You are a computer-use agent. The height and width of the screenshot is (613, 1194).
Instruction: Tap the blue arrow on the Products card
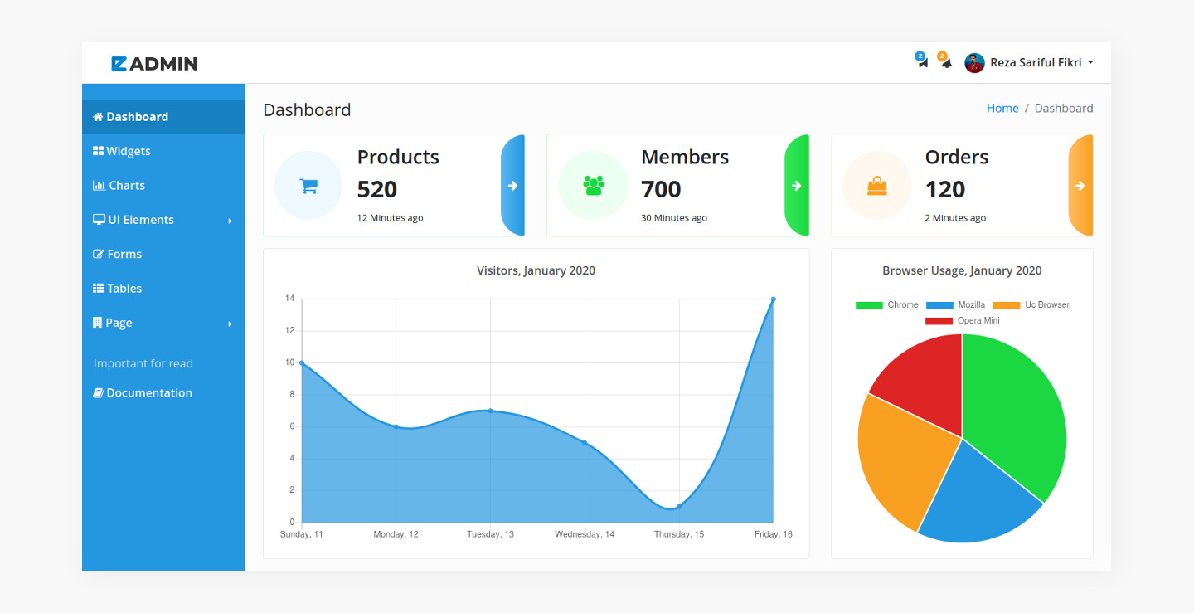(x=512, y=186)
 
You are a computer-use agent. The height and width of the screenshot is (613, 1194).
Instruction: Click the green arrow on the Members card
(x=796, y=186)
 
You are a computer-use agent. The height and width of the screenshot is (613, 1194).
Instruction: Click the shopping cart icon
(x=308, y=186)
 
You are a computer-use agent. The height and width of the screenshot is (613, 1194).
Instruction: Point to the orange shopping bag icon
(x=876, y=186)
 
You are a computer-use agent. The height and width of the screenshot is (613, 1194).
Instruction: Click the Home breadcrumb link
(x=1002, y=109)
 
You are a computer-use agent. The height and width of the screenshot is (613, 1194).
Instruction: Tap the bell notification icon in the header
(x=946, y=63)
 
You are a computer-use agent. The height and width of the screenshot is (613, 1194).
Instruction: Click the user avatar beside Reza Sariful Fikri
(x=974, y=63)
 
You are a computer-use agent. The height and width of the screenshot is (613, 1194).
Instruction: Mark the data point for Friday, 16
(x=774, y=299)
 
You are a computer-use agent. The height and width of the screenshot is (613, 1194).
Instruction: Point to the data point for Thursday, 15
(x=679, y=507)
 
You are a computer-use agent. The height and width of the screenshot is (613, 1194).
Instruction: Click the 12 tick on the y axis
(x=290, y=331)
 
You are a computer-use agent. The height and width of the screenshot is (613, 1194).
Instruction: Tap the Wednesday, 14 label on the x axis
(x=585, y=534)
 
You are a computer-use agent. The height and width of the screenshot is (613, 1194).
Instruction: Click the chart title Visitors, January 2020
(x=536, y=271)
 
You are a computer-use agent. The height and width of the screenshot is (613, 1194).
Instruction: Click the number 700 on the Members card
(x=661, y=190)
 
